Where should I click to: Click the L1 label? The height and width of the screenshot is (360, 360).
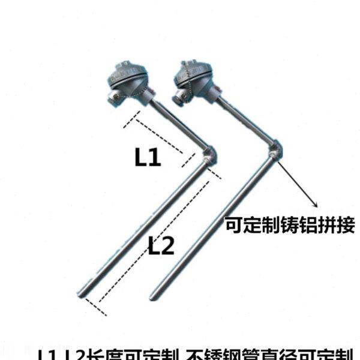tap(147, 158)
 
